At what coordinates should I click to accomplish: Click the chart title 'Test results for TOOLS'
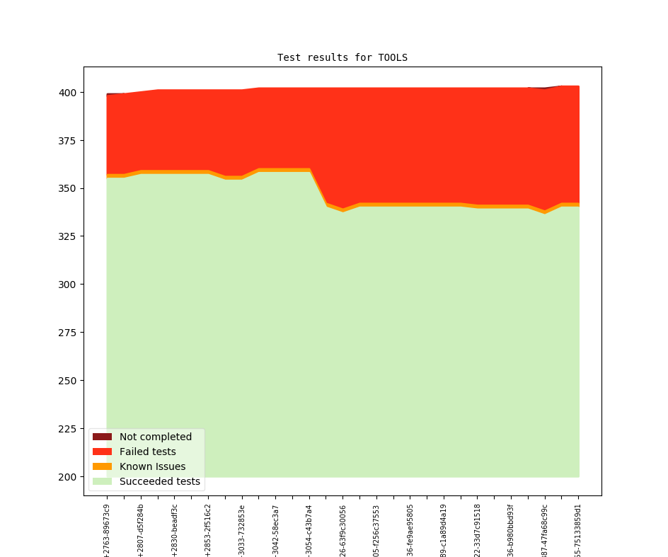[x=342, y=57]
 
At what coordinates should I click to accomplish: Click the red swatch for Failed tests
[x=102, y=452]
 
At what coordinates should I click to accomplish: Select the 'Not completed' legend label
[x=155, y=437]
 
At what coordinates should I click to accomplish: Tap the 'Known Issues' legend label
[x=152, y=466]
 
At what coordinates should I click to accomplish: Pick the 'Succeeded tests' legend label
[x=159, y=482]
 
